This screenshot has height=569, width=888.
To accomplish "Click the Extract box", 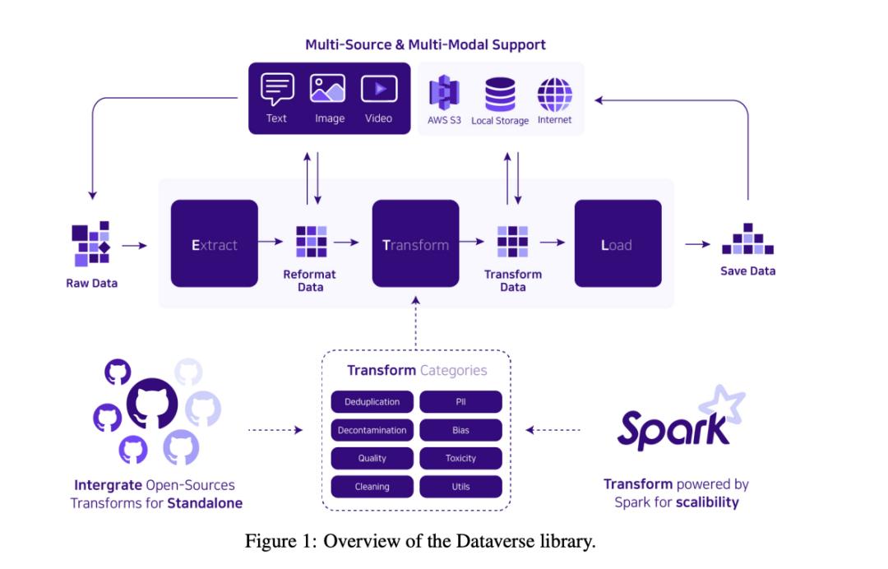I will point(214,243).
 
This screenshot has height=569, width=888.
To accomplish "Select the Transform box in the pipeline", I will point(415,243).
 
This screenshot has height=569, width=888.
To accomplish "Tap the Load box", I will point(617,243).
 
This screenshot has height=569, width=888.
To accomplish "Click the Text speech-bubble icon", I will point(277,89).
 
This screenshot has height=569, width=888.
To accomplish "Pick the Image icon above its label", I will point(327,89).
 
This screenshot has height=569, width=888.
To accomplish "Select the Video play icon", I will point(379,89).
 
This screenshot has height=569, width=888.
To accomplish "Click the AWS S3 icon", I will point(444,93).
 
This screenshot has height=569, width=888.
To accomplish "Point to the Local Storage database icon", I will point(500,93).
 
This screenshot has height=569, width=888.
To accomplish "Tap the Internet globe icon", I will point(554,93).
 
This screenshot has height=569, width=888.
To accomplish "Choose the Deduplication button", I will point(372,402).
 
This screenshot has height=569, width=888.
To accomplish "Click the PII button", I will point(460,402).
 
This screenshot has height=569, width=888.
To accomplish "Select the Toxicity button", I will point(460,458).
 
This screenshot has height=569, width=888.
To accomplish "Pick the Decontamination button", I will point(372,430).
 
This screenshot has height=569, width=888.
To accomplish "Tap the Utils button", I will point(460,486).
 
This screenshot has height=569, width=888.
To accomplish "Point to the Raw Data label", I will point(92,283).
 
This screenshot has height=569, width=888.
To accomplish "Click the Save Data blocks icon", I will point(747,239).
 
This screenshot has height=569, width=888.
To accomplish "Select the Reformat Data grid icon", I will point(312,242).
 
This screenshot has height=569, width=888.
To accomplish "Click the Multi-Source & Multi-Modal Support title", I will point(425,44).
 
